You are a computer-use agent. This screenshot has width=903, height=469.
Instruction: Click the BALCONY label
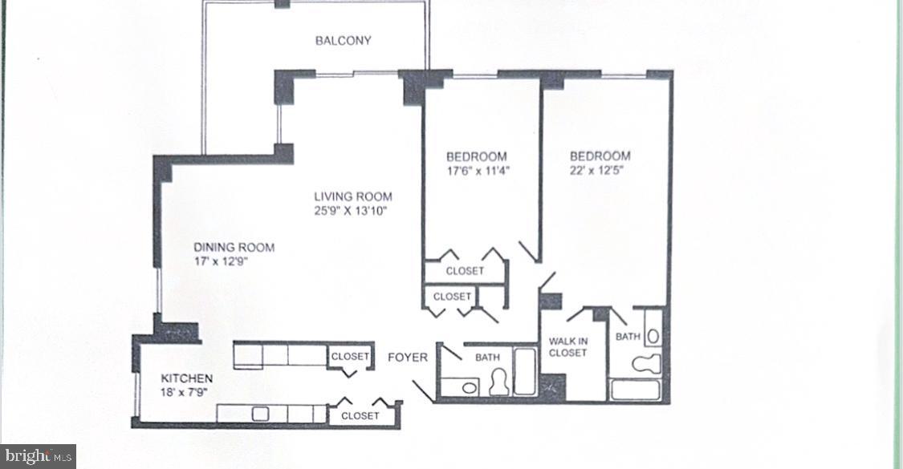tap(343, 41)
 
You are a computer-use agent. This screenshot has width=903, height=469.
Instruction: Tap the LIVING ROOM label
tap(352, 196)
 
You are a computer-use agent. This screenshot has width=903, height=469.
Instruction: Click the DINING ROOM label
tap(234, 248)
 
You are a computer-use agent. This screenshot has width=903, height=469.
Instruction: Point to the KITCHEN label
tap(187, 378)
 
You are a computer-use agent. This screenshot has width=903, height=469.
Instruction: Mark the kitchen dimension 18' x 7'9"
tap(187, 393)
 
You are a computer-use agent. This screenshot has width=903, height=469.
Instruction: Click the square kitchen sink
tap(259, 414)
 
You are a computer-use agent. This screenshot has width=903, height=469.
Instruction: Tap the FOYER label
tap(408, 357)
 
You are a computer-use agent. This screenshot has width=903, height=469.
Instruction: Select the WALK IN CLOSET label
tap(568, 347)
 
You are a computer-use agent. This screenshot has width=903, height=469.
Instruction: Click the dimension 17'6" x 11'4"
tap(478, 171)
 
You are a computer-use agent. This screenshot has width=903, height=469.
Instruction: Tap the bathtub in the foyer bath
tap(525, 370)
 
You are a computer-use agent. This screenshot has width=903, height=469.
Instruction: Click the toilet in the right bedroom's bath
tap(647, 363)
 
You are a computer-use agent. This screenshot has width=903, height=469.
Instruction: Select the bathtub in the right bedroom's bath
tap(636, 390)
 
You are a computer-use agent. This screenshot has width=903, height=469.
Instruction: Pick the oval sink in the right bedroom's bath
tap(652, 334)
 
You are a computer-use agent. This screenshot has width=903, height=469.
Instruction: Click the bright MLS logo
tap(39, 457)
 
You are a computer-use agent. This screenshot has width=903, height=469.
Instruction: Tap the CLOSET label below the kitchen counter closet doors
tap(360, 416)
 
